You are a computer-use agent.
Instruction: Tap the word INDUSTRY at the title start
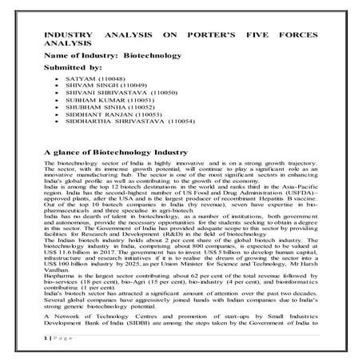(67, 37)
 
